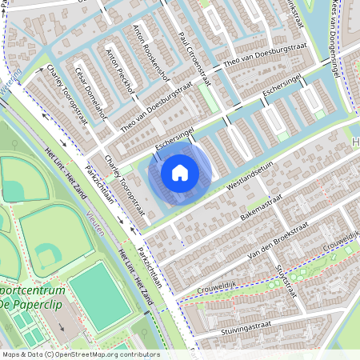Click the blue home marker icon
point(180,172)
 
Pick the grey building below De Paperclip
point(60,322)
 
